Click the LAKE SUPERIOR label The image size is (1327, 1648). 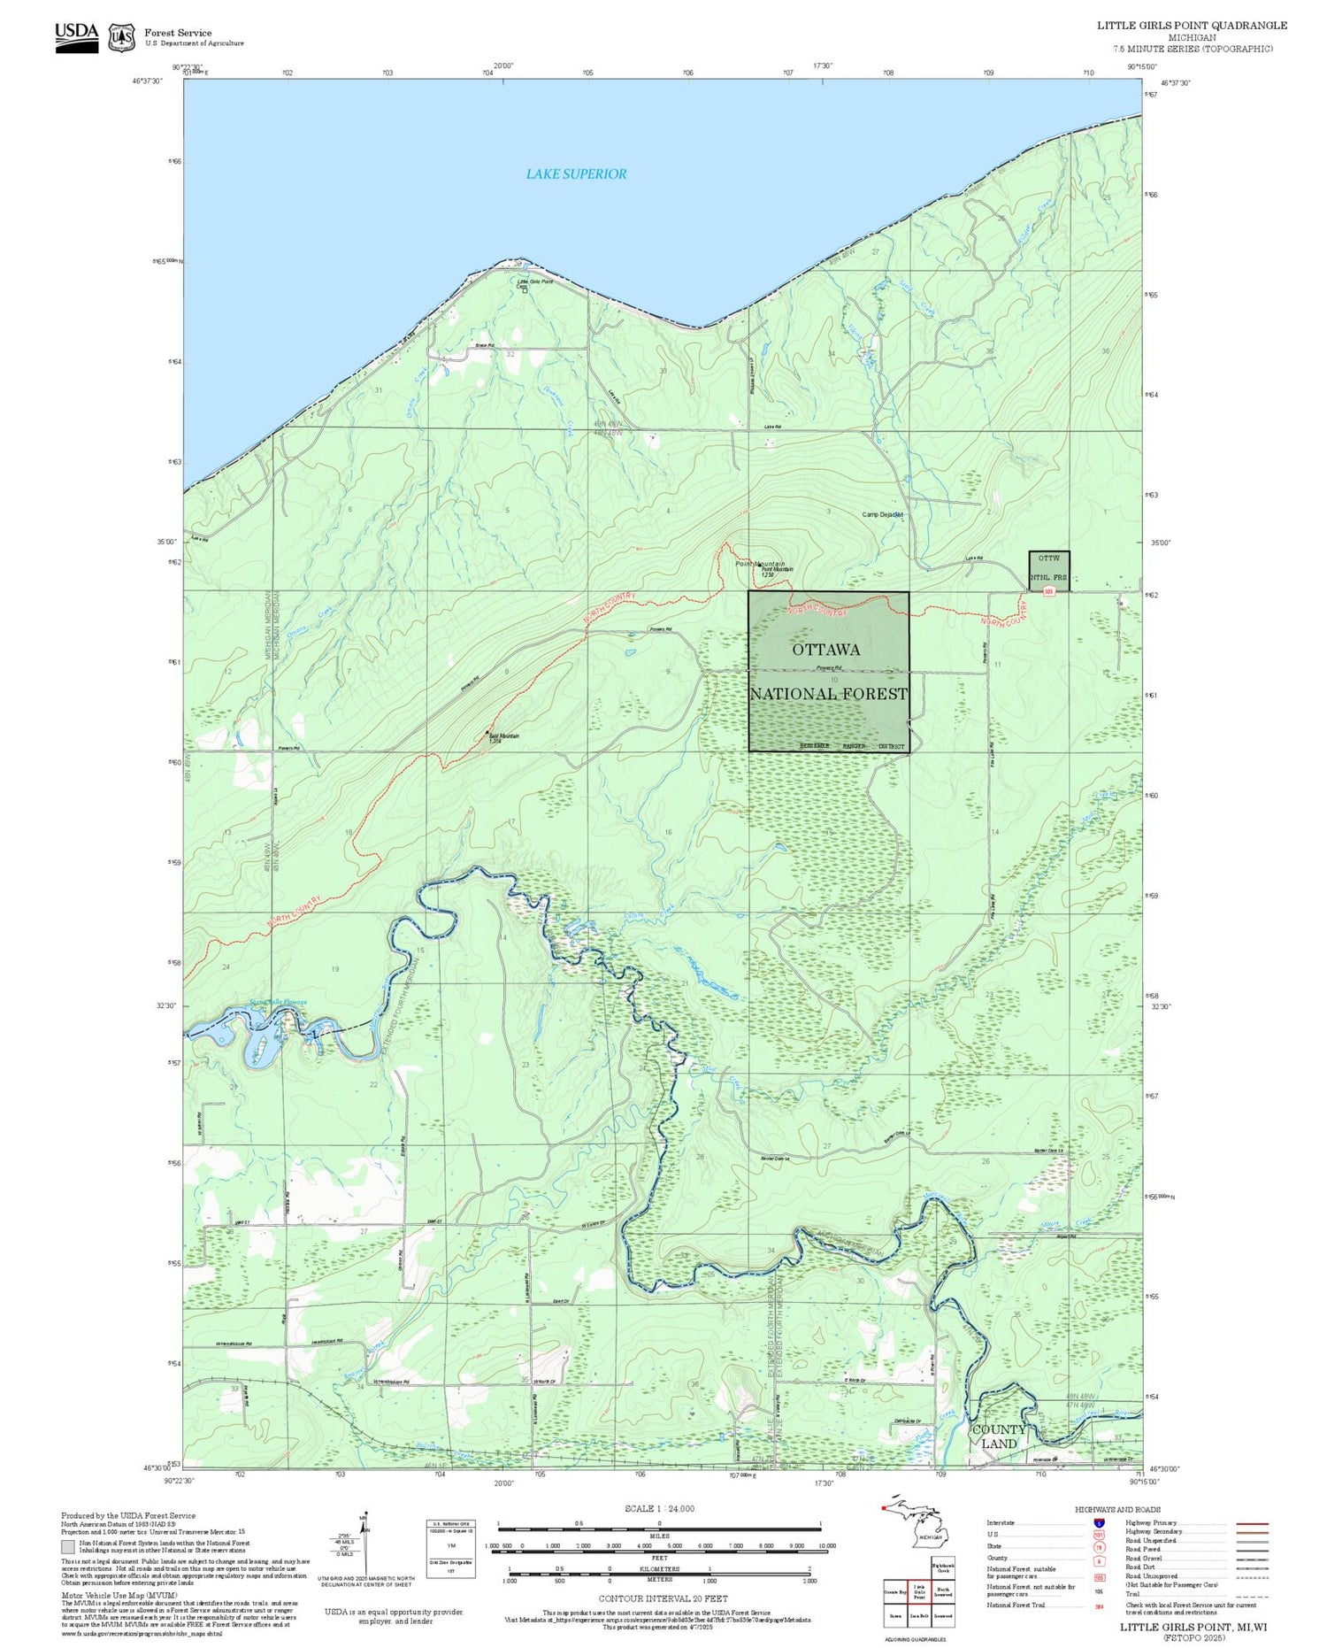pyautogui.click(x=576, y=174)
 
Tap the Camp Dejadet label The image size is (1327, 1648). pyautogui.click(x=882, y=514)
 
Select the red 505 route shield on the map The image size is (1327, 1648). pyautogui.click(x=1048, y=591)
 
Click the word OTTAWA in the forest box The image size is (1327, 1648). pyautogui.click(x=825, y=650)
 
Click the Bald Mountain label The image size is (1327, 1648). pyautogui.click(x=504, y=736)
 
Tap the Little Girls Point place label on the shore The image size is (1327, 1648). pyautogui.click(x=534, y=281)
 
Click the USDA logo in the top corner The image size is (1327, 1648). pyautogui.click(x=76, y=37)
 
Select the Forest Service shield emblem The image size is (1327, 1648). pyautogui.click(x=121, y=38)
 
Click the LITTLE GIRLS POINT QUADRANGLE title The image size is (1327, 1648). pyautogui.click(x=1192, y=26)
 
